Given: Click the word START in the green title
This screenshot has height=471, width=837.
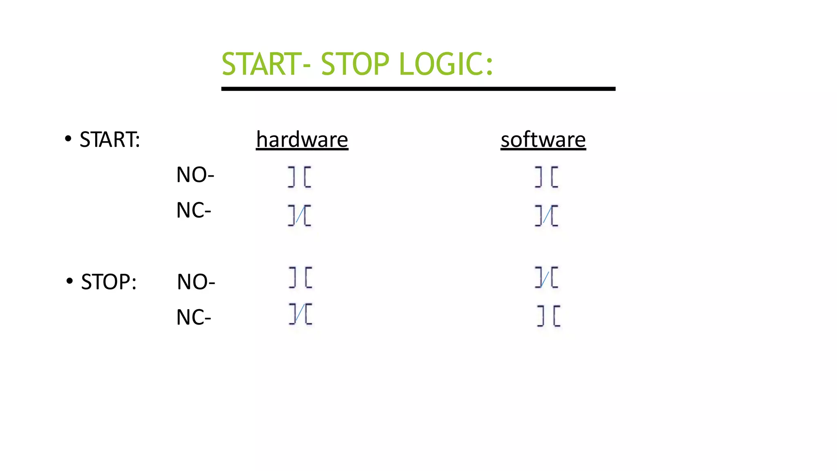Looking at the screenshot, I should tap(262, 64).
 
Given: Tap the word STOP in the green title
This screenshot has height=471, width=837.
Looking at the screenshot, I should tap(355, 64).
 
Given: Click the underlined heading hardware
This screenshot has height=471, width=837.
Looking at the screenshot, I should tap(302, 139).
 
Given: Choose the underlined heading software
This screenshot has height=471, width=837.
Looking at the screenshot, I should tap(543, 139).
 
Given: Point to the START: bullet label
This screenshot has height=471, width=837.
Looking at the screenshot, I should tap(110, 139).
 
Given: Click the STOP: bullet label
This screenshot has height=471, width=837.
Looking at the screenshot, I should tap(108, 282).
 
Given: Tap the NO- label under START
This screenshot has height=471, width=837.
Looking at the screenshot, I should tap(195, 175).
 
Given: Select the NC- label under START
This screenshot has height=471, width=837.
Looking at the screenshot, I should tap(193, 211).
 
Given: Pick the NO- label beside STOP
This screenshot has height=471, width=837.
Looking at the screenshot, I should tap(196, 282).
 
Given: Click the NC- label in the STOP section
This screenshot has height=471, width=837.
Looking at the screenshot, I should tap(193, 317).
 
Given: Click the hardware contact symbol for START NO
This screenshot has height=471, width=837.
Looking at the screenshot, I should tap(300, 177).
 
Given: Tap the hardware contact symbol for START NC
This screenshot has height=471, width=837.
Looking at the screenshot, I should tap(300, 215).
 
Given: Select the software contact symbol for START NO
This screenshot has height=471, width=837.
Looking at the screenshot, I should tap(546, 177).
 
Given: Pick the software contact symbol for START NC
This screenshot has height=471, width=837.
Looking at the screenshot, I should tap(546, 215).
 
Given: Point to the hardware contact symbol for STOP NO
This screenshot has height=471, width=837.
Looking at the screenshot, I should tap(300, 278).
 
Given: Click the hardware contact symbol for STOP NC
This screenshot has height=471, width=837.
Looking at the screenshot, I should tap(300, 314).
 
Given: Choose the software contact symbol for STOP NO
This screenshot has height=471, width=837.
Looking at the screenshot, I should tap(546, 278).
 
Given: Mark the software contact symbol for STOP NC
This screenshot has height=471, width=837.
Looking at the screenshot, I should tap(548, 316).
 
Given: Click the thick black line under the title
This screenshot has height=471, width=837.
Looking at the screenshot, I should tap(418, 89).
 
